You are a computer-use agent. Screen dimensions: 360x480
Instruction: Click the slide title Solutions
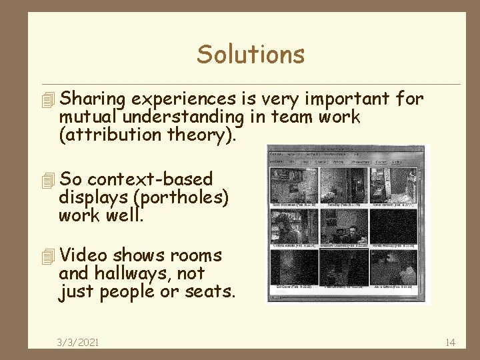(x=251, y=54)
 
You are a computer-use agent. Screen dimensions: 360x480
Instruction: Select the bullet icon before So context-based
(x=46, y=180)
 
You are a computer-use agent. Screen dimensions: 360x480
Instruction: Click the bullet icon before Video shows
(x=46, y=256)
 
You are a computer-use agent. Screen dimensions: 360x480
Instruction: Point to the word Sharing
(x=93, y=99)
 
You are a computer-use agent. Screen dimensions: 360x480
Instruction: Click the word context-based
(x=150, y=179)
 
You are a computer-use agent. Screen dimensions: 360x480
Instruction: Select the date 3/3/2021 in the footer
(x=78, y=342)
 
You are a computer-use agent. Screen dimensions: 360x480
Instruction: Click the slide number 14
(x=449, y=342)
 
